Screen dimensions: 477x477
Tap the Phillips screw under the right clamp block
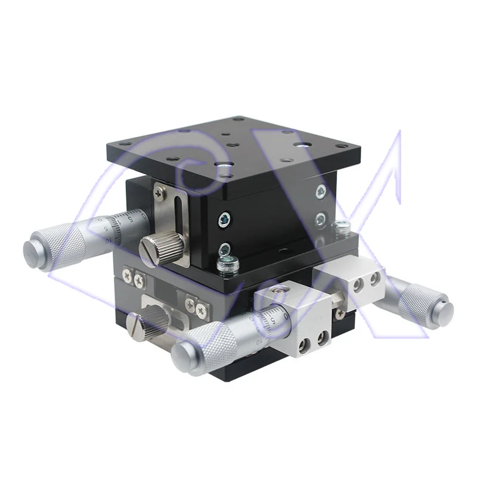(340, 314)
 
